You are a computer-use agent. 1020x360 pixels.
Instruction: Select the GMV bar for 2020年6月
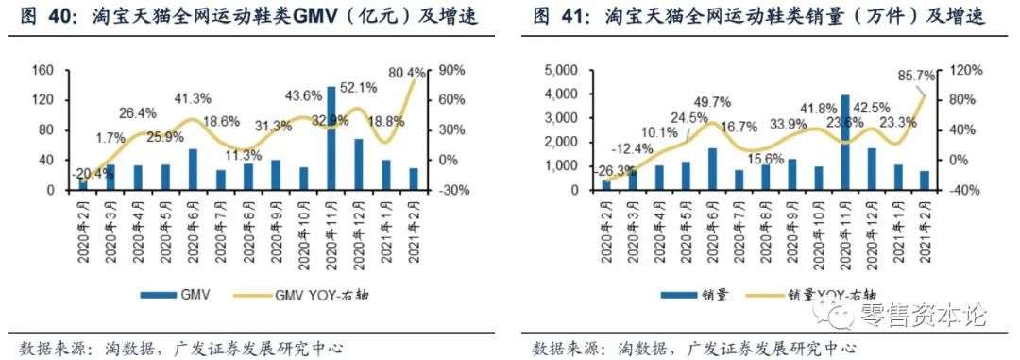click(x=193, y=169)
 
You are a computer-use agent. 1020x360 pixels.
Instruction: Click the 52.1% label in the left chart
click(x=358, y=87)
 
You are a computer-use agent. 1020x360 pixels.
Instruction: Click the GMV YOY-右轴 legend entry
click(x=321, y=296)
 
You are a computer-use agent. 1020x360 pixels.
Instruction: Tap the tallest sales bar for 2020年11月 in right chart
click(x=845, y=143)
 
